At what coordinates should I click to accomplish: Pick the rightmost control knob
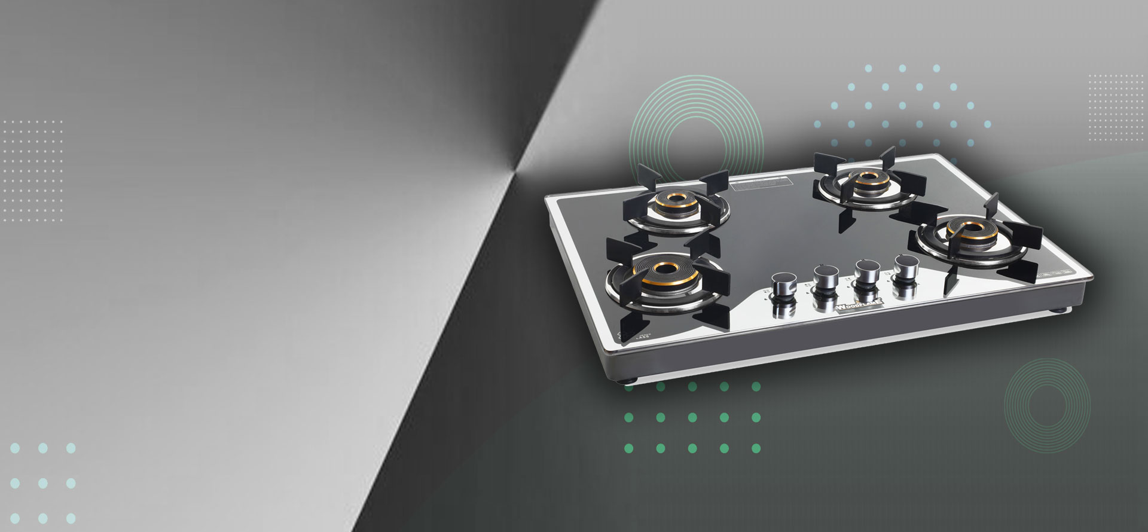903,265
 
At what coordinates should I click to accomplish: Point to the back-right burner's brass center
865,179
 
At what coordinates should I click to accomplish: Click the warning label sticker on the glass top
759,184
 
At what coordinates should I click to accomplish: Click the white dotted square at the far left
33,170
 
